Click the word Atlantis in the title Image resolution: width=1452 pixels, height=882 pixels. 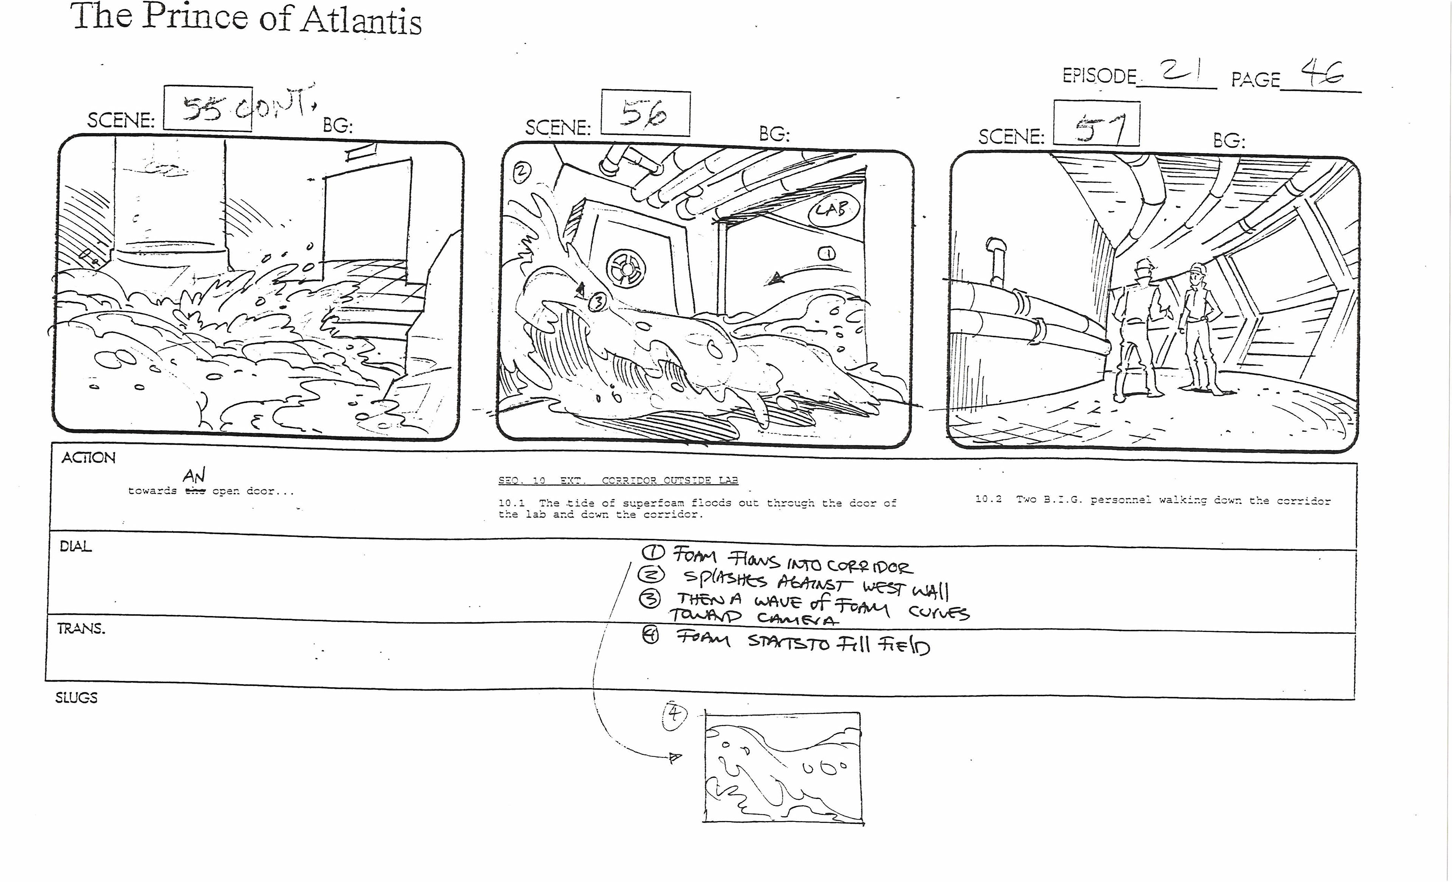[x=361, y=21]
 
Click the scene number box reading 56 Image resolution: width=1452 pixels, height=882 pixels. [x=645, y=113]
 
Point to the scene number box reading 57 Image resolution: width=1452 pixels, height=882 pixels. [x=1096, y=124]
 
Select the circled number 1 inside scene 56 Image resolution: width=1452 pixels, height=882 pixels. [x=826, y=254]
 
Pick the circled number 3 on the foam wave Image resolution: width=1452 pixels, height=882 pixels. [x=597, y=302]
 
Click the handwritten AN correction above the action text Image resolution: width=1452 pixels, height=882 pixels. [x=194, y=475]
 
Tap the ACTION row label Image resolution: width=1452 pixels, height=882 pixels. [x=88, y=457]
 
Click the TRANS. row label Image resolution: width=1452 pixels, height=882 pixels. [x=81, y=628]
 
